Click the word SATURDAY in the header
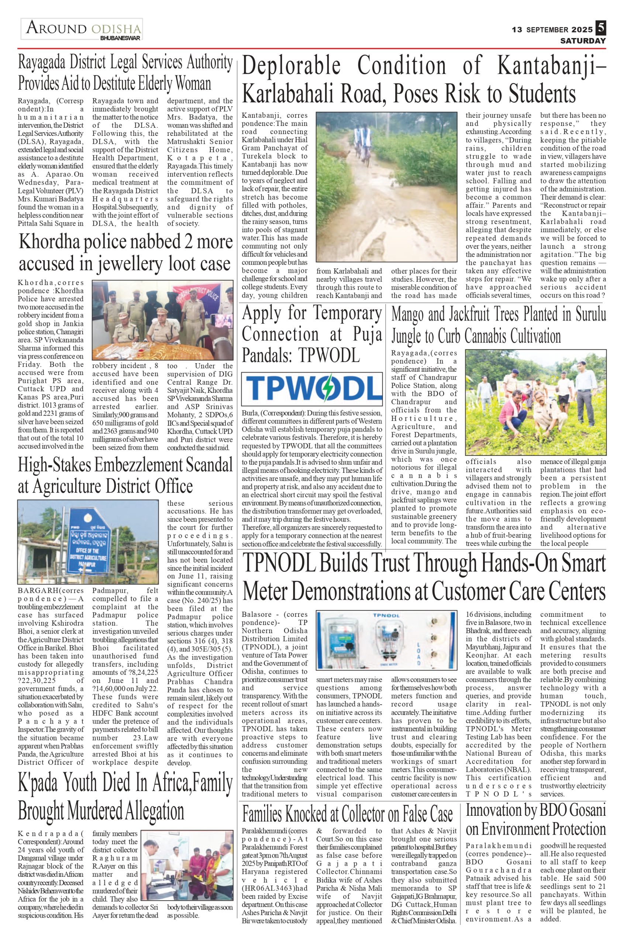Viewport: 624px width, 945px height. coord(583,41)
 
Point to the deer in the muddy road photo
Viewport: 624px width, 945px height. coord(330,150)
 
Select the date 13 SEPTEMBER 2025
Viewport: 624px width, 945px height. coord(552,30)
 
